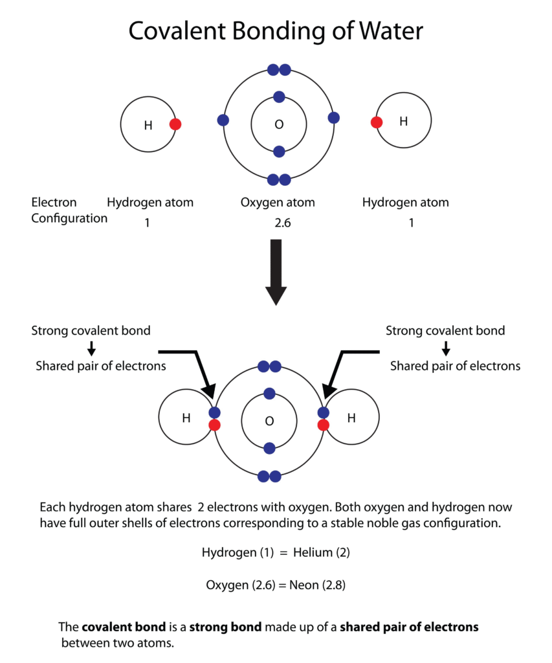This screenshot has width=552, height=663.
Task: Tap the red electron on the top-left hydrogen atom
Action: point(175,124)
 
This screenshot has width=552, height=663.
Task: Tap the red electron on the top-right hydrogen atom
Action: point(376,122)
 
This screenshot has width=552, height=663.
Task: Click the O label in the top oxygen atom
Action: point(279,124)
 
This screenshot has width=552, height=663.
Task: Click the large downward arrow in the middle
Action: point(276,271)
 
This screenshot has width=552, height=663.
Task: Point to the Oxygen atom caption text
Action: point(278,203)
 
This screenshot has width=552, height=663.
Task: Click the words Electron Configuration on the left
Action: point(69,210)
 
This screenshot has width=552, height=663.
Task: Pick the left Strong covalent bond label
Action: point(91,331)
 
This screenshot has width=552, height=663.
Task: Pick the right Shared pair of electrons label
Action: point(455,366)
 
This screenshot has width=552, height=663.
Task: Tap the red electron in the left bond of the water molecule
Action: point(215,425)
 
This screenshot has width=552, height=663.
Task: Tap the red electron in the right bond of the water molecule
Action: point(324,425)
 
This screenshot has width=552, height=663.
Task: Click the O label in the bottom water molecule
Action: point(269,421)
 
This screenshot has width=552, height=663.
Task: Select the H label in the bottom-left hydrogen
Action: point(186,418)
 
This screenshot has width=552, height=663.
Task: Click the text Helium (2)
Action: point(321,553)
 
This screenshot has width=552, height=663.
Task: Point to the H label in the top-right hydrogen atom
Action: point(404,121)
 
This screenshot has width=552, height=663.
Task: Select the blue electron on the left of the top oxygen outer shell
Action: point(223,120)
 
